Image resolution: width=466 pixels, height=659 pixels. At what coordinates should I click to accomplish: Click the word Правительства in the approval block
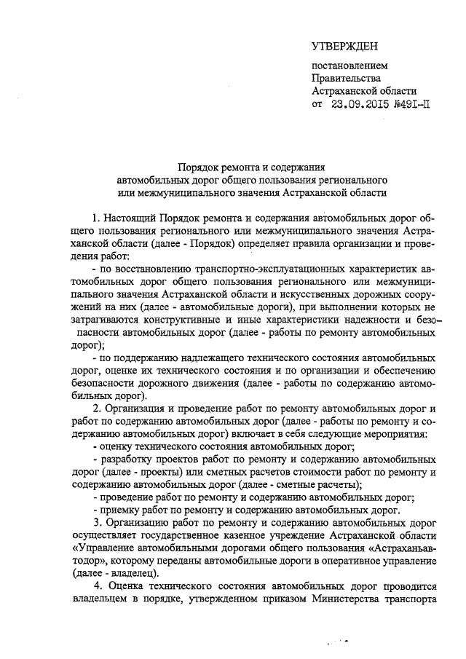coord(346,78)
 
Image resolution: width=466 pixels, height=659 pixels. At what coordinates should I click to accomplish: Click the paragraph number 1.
coord(95,218)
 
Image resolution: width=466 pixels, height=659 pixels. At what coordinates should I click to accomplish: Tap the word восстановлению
coord(149,269)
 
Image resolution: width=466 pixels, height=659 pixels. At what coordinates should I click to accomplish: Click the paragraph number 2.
coord(95,409)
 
